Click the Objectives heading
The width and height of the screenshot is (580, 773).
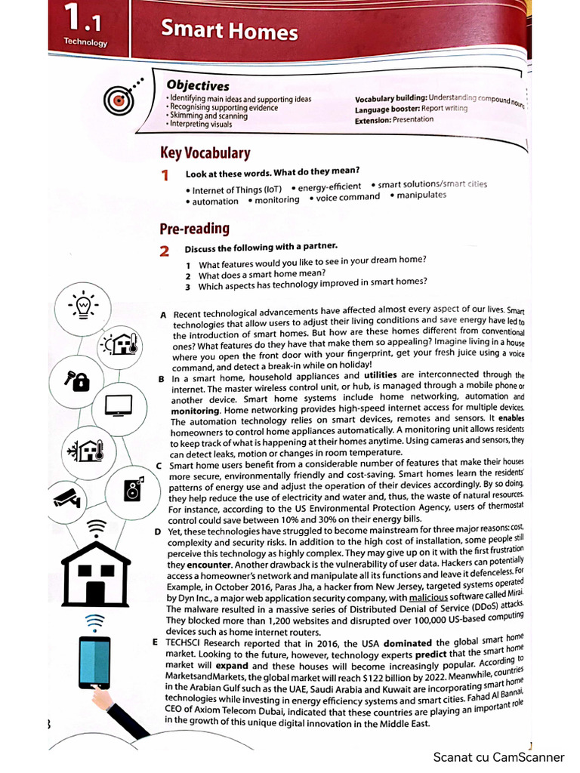click(198, 85)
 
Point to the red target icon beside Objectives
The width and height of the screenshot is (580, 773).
click(118, 98)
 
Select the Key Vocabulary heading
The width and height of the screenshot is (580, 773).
click(205, 153)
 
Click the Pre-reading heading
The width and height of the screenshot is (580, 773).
click(194, 228)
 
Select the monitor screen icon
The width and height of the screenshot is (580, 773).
click(119, 405)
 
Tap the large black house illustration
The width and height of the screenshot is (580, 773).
click(95, 572)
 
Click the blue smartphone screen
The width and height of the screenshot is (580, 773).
click(94, 662)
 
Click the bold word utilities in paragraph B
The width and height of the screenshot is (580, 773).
click(388, 375)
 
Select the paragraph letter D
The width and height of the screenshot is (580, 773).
click(158, 531)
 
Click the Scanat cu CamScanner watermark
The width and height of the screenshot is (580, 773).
click(498, 756)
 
